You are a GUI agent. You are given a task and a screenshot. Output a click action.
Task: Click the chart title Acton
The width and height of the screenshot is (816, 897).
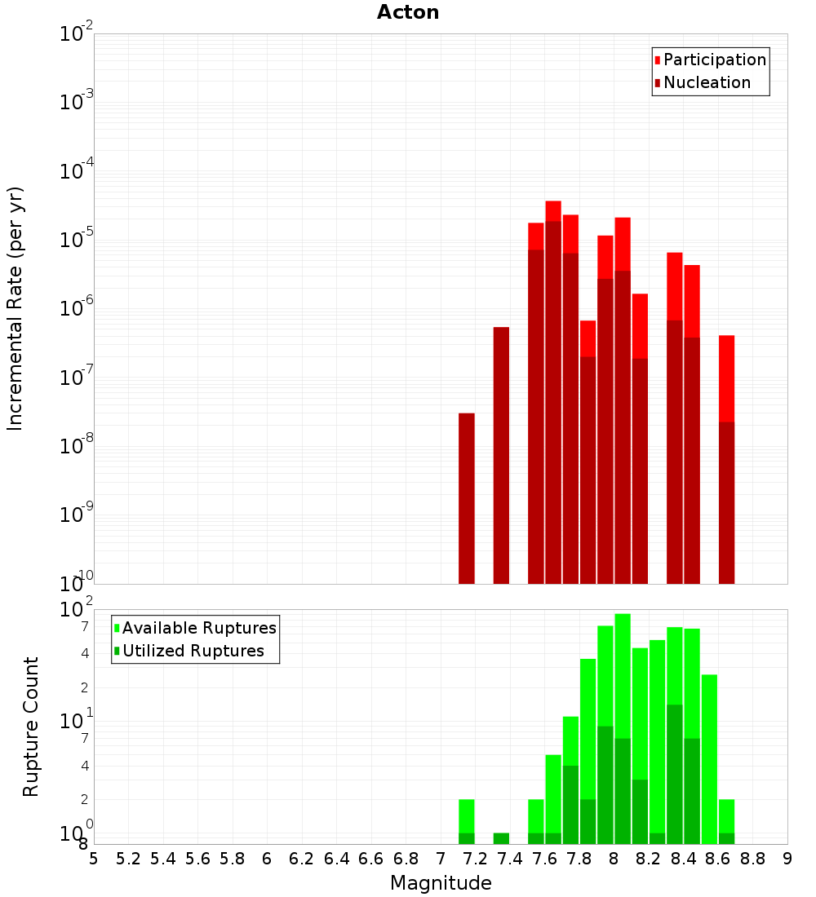[x=408, y=12]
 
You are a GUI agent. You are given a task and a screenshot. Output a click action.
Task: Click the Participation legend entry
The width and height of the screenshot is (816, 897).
[x=715, y=60]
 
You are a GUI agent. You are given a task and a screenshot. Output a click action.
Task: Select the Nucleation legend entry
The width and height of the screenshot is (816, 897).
[x=707, y=82]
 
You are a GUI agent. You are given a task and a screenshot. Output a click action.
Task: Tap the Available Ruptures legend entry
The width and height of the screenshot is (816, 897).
[x=199, y=628]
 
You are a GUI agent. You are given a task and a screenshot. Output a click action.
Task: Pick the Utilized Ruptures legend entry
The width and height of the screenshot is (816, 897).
[x=193, y=651]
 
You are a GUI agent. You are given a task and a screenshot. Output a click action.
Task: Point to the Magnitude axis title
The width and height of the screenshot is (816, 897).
[x=441, y=883]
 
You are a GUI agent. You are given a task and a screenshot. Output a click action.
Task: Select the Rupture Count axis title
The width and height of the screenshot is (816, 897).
[x=31, y=727]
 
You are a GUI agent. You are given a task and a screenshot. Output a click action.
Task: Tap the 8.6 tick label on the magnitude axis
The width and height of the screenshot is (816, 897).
[x=718, y=859]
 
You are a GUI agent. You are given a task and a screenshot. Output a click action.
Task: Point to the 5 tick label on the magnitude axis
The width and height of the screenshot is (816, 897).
[x=94, y=859]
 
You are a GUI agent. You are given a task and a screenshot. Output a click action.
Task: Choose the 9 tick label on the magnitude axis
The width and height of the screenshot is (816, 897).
[x=787, y=859]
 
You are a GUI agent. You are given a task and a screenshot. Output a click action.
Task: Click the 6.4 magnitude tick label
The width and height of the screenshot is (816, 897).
[x=336, y=859]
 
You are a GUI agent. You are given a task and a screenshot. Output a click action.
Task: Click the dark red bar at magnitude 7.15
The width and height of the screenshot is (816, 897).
[x=467, y=497]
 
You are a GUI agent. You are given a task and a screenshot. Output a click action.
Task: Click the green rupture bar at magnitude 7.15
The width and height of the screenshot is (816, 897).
[x=467, y=815]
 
